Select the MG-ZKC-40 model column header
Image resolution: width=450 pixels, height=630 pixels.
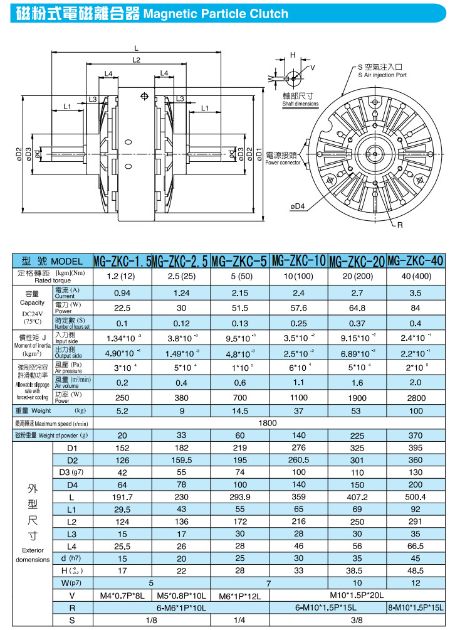pyautogui.click(x=416, y=260)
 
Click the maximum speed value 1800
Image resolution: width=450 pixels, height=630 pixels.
pyautogui.click(x=268, y=424)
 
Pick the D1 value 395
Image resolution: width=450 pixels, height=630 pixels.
pyautogui.click(x=416, y=448)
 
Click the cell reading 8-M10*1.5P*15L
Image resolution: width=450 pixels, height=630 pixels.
pyautogui.click(x=416, y=607)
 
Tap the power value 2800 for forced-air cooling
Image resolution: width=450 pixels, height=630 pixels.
pyautogui.click(x=416, y=397)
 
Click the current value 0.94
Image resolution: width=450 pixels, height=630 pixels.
pyautogui.click(x=122, y=292)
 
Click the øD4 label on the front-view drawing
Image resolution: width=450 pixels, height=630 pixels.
pyautogui.click(x=297, y=205)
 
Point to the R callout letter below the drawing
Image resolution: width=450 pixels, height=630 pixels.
pyautogui.click(x=398, y=225)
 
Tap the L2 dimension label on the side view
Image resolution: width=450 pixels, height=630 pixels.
pyautogui.click(x=137, y=60)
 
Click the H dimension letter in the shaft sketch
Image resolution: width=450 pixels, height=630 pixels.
pyautogui.click(x=292, y=56)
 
